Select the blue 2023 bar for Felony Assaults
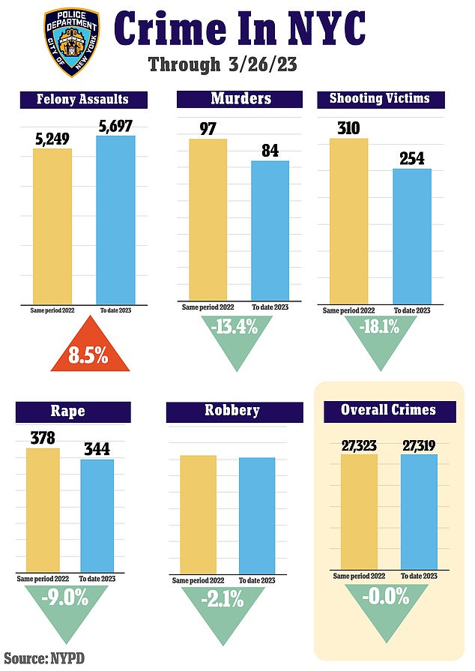coord(115,218)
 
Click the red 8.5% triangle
coord(89,354)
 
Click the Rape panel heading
coord(70,411)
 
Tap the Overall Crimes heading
coord(388,411)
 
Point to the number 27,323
coord(359,446)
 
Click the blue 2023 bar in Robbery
coord(257,515)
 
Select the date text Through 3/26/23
coord(223,64)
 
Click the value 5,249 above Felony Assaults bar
coord(52,138)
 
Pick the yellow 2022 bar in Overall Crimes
coord(359,512)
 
